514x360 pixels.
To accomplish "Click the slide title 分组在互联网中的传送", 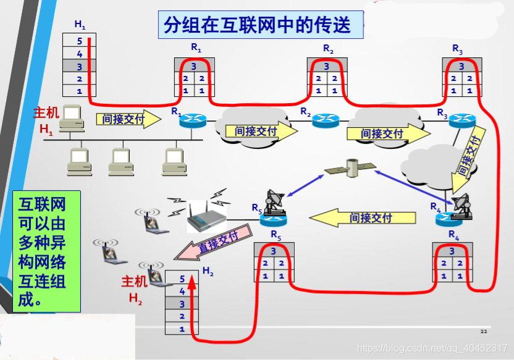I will pyautogui.click(x=256, y=24).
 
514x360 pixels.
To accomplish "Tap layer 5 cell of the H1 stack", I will pyautogui.click(x=79, y=41).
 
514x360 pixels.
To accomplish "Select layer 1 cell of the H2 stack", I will pyautogui.click(x=182, y=329).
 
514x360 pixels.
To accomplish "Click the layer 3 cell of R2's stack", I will pyautogui.click(x=327, y=66).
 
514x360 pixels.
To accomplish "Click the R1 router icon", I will pyautogui.click(x=192, y=120).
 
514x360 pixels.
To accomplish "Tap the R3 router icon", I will pyautogui.click(x=460, y=120).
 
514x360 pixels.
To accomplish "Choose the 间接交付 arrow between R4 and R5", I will pyautogui.click(x=362, y=217).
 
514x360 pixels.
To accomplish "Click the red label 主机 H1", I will pyautogui.click(x=46, y=121).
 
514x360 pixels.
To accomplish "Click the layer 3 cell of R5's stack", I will pyautogui.click(x=274, y=251).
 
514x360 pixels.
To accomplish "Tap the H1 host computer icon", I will pyautogui.click(x=73, y=117).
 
